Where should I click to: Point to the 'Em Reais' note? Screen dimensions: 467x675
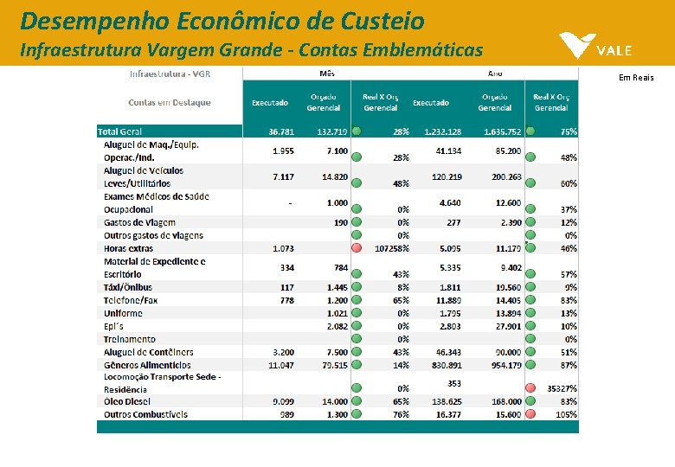[636, 78]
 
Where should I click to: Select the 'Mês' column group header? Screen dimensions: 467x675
[328, 74]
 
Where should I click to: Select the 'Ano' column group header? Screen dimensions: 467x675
[496, 74]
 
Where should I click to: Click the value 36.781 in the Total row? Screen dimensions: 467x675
[281, 131]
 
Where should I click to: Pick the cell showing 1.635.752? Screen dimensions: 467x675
[503, 131]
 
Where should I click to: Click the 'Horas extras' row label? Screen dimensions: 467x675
[128, 248]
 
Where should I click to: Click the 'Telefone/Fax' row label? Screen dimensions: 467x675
[131, 300]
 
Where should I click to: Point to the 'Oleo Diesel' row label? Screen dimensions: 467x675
[126, 401]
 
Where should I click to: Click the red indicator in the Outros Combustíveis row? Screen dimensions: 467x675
[530, 414]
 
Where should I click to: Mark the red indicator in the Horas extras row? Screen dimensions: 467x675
[356, 248]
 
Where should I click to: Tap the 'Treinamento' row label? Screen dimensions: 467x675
[130, 339]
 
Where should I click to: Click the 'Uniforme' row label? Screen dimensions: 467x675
[123, 313]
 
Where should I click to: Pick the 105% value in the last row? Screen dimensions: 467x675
[566, 414]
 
